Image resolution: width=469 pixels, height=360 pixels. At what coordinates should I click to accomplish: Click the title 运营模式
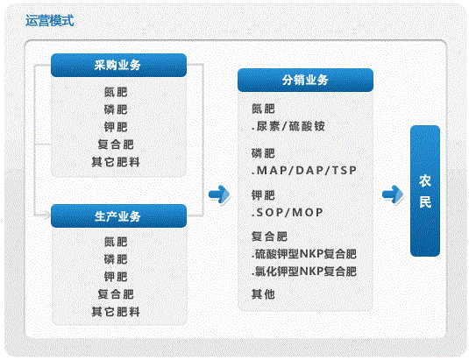[x=49, y=21]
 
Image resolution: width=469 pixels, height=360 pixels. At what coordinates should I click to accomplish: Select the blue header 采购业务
[x=118, y=65]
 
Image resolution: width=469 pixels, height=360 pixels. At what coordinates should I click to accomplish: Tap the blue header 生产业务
[x=118, y=216]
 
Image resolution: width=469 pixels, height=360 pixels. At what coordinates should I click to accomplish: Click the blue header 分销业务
[x=305, y=80]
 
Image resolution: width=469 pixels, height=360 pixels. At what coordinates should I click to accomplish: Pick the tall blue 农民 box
[x=425, y=191]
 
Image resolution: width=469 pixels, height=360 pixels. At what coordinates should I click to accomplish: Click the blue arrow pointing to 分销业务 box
[x=219, y=194]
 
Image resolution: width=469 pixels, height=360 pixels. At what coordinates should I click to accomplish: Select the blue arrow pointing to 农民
[x=393, y=194]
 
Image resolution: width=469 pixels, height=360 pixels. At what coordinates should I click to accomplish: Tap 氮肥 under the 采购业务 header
[x=116, y=92]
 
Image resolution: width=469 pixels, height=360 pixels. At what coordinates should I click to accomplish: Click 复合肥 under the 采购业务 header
[x=116, y=145]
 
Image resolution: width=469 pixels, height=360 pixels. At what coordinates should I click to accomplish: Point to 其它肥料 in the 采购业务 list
[x=116, y=162]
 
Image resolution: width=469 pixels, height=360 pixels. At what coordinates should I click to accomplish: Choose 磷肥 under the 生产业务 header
[x=116, y=259]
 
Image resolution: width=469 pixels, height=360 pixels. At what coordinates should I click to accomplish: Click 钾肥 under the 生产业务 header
[x=116, y=277]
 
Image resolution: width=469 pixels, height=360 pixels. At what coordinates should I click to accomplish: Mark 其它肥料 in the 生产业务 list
[x=116, y=312]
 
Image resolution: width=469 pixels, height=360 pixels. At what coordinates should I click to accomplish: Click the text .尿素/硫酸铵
[x=288, y=126]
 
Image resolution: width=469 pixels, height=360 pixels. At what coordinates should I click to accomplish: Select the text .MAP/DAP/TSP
[x=304, y=171]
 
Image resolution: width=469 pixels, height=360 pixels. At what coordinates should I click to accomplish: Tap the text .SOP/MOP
[x=288, y=213]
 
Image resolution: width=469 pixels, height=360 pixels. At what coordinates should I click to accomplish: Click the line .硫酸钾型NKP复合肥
[x=304, y=254]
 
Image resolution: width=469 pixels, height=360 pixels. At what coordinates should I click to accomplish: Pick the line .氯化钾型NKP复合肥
[x=304, y=272]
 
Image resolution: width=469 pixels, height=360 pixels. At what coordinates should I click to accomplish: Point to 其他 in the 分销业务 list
[x=263, y=294]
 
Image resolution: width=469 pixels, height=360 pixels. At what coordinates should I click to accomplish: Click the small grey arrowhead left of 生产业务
[x=47, y=215]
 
